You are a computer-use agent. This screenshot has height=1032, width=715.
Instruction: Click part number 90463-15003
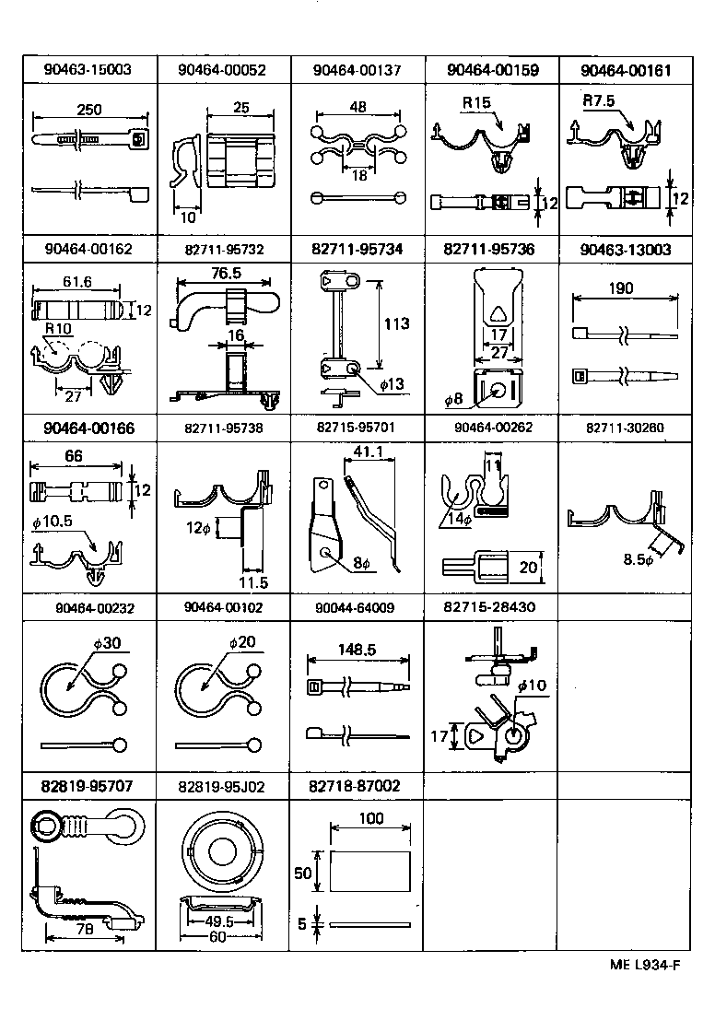tap(88, 70)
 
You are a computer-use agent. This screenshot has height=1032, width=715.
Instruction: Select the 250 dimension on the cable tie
tap(89, 110)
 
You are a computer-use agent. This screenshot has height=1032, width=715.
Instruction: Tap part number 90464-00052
tap(223, 70)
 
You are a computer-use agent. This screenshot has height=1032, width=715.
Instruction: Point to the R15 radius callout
tap(476, 103)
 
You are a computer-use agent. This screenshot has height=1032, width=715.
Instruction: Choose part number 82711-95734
tap(357, 249)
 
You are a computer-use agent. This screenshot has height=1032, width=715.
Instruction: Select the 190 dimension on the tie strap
tap(622, 288)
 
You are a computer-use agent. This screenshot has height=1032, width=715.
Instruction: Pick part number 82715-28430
tap(490, 607)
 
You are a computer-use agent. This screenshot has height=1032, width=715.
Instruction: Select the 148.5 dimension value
tap(357, 650)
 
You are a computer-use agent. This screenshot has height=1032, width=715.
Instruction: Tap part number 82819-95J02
tap(223, 786)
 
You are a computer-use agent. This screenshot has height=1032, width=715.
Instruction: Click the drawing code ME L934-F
tap(644, 965)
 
